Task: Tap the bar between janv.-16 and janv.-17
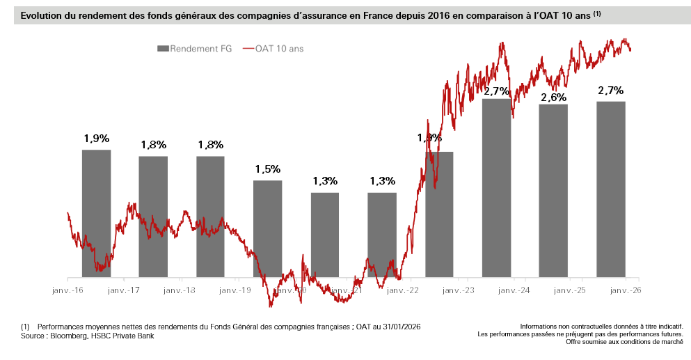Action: [x=96, y=213]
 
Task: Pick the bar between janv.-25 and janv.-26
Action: [x=610, y=189]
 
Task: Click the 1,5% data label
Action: [x=267, y=169]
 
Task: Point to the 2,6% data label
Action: [x=553, y=97]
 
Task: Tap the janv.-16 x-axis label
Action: [x=67, y=290]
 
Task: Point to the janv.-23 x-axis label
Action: [x=459, y=290]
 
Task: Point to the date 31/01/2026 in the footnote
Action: [x=398, y=327]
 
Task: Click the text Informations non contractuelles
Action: [x=564, y=326]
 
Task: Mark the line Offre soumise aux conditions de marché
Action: [x=624, y=342]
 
